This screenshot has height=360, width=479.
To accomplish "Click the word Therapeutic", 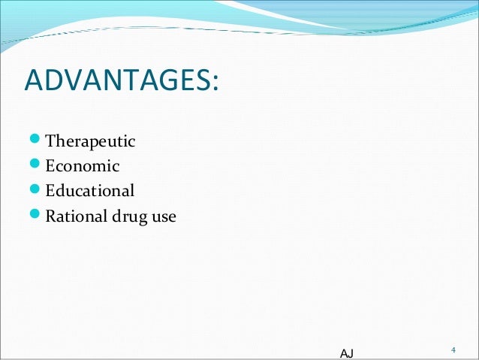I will coord(91,141).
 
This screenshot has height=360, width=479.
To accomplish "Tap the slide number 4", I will coord(453,350).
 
